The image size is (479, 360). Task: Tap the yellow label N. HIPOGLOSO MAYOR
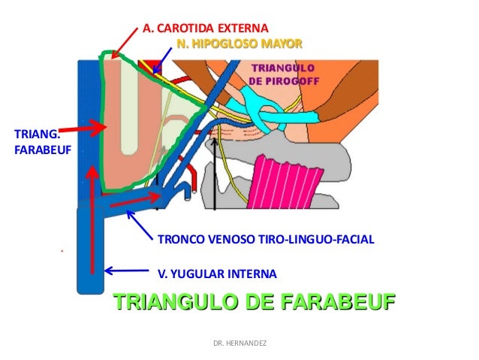click(239, 44)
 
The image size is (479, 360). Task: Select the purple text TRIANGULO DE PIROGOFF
click(277, 74)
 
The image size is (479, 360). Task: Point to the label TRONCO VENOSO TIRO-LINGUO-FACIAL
click(265, 240)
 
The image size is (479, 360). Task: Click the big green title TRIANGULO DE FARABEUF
click(254, 304)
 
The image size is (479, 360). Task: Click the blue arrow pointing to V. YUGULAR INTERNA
click(128, 271)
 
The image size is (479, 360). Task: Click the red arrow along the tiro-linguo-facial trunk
click(135, 201)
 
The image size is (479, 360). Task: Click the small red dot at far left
click(60, 248)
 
